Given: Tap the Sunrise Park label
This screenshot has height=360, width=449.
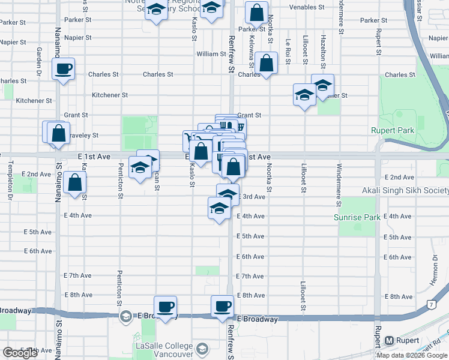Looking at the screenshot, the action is click(x=357, y=217).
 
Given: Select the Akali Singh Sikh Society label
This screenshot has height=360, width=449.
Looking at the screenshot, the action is click(x=405, y=191).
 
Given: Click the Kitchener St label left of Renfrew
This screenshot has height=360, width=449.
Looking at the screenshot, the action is click(x=110, y=95).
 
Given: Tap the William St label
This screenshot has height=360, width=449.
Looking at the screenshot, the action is click(x=211, y=54).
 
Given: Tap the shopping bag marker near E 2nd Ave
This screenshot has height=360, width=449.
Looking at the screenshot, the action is click(x=74, y=184).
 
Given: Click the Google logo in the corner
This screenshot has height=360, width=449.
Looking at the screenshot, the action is click(x=20, y=353).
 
